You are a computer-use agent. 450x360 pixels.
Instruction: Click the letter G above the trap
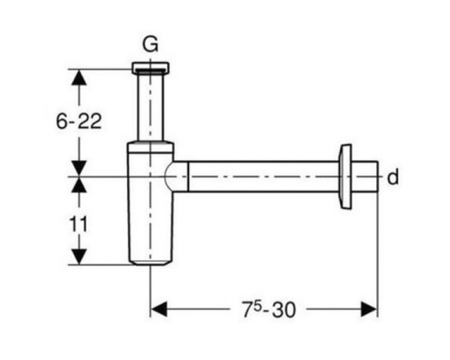(x=150, y=45)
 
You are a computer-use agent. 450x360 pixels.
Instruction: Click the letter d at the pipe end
(x=393, y=177)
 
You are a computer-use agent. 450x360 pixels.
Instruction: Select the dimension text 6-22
(x=79, y=121)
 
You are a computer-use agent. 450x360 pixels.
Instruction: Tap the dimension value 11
(x=78, y=224)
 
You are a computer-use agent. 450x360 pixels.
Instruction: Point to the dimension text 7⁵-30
(x=269, y=310)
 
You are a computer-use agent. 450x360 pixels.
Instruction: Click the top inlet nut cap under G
(x=150, y=67)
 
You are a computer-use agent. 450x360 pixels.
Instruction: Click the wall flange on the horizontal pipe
(x=345, y=176)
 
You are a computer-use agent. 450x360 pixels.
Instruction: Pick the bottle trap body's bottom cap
(x=150, y=263)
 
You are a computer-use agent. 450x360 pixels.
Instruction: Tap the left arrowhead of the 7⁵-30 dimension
(x=158, y=309)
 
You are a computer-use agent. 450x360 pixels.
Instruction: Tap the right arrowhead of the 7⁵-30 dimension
(x=369, y=309)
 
